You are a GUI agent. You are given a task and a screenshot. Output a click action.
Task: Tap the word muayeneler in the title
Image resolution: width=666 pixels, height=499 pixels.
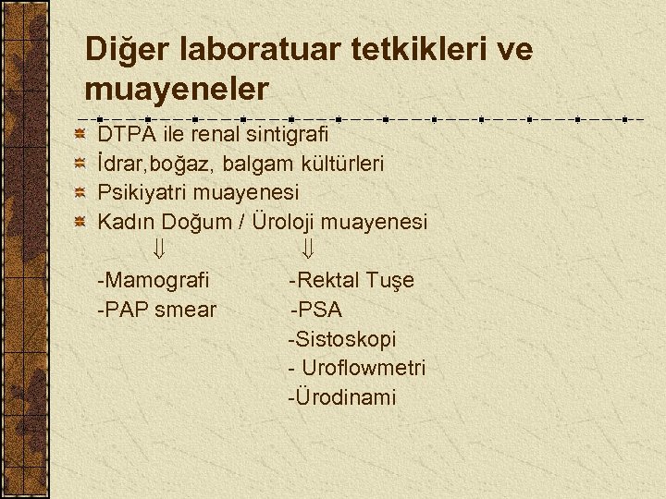tap(177, 90)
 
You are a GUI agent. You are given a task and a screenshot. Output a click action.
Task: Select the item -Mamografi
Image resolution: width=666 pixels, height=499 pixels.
tap(154, 280)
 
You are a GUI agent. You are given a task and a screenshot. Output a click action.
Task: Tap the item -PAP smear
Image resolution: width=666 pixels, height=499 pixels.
tap(156, 310)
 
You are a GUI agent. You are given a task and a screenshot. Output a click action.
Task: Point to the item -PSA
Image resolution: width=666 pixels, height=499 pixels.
tap(317, 310)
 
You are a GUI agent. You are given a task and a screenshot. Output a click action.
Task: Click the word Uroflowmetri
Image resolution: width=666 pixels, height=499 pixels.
tap(363, 368)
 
